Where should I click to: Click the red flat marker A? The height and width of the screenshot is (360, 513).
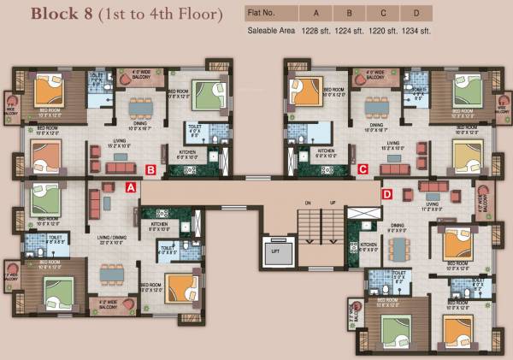tap(131, 186)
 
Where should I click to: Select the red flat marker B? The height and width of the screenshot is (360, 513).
tap(150, 169)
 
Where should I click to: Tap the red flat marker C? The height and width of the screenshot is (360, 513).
tap(363, 169)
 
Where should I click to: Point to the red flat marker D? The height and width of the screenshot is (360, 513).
tap(386, 195)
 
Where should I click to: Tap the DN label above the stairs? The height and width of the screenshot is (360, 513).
tap(305, 202)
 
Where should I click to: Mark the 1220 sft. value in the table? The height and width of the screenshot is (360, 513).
tap(383, 31)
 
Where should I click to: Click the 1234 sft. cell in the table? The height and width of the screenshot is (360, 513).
tap(416, 31)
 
